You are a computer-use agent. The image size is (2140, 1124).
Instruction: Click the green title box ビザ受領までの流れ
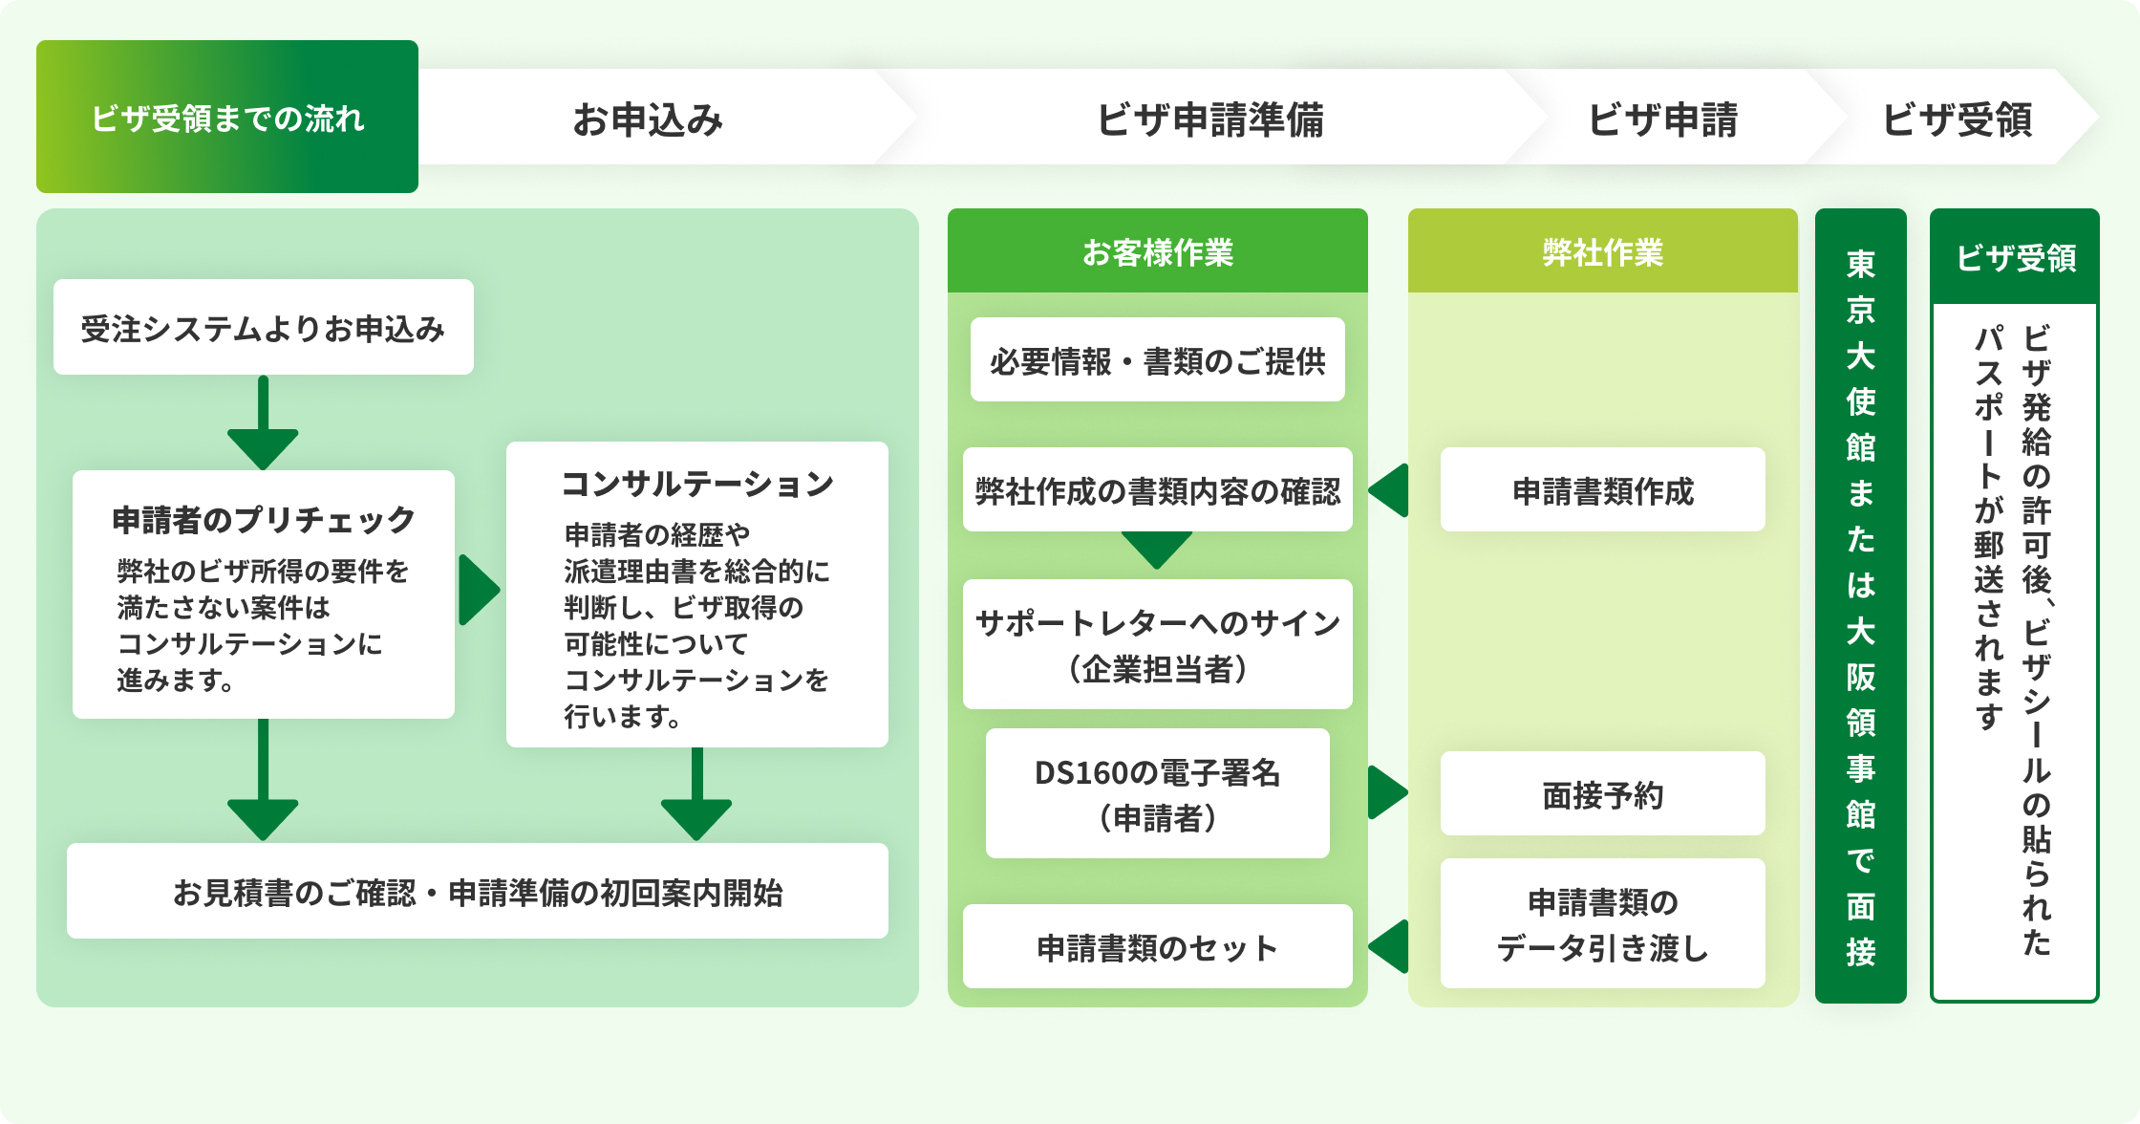pos(227,117)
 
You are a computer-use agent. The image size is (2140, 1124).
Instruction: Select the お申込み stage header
pos(648,119)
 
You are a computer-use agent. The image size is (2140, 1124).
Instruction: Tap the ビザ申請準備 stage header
pos(1209,119)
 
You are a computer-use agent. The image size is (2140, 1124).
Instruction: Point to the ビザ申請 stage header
pos(1662,119)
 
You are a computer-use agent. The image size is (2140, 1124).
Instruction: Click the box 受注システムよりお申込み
pos(263,327)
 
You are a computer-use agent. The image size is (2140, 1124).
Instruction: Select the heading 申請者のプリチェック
pos(263,519)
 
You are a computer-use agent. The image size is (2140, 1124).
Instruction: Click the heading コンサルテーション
pos(696,483)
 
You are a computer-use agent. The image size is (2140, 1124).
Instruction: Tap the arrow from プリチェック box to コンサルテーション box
pos(479,590)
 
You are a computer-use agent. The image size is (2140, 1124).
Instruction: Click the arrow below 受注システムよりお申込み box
pos(263,422)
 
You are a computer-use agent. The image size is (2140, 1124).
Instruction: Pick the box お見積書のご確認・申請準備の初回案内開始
pos(477,891)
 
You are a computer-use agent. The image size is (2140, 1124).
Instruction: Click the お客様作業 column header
pos(1157,252)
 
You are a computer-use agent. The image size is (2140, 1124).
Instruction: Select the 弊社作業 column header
pos(1602,252)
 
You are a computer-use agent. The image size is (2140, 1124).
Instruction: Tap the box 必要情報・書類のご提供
pos(1157,360)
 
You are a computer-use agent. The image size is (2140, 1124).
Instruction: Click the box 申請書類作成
pos(1602,490)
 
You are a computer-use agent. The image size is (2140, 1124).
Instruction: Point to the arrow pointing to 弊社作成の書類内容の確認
pos(1390,490)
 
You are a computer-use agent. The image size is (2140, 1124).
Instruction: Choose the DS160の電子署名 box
pos(1157,793)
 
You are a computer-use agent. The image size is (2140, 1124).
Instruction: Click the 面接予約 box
pos(1602,793)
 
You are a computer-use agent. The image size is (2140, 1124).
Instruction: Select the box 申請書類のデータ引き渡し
pos(1602,923)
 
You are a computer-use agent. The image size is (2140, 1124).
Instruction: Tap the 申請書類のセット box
pos(1157,946)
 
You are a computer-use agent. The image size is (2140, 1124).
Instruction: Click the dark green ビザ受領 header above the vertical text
pos(2015,257)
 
